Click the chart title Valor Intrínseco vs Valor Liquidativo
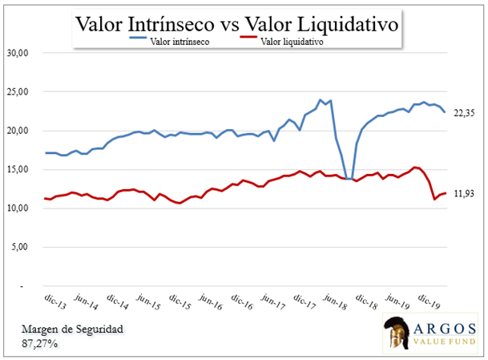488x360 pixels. click(x=238, y=23)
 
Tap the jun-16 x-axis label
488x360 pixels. click(x=211, y=301)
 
